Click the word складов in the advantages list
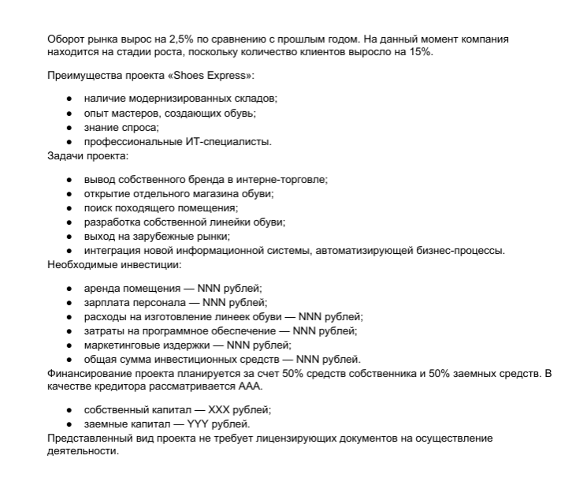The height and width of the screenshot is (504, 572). [x=253, y=99]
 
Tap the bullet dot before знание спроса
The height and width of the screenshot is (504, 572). [x=70, y=128]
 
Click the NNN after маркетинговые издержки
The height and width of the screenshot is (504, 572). [x=240, y=345]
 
